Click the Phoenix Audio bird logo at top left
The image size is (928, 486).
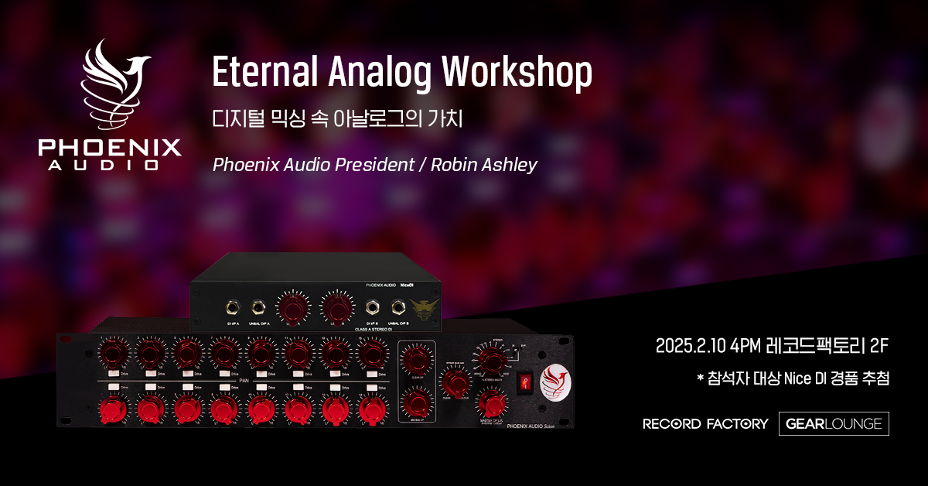(x=109, y=87)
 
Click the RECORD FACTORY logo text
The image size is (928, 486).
(x=705, y=423)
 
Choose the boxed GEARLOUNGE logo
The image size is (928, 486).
(x=834, y=423)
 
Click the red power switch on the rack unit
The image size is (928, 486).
(x=527, y=382)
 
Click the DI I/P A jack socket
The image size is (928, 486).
(x=230, y=305)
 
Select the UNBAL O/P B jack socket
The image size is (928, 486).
(x=399, y=305)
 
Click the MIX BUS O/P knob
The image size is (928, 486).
(x=415, y=404)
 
